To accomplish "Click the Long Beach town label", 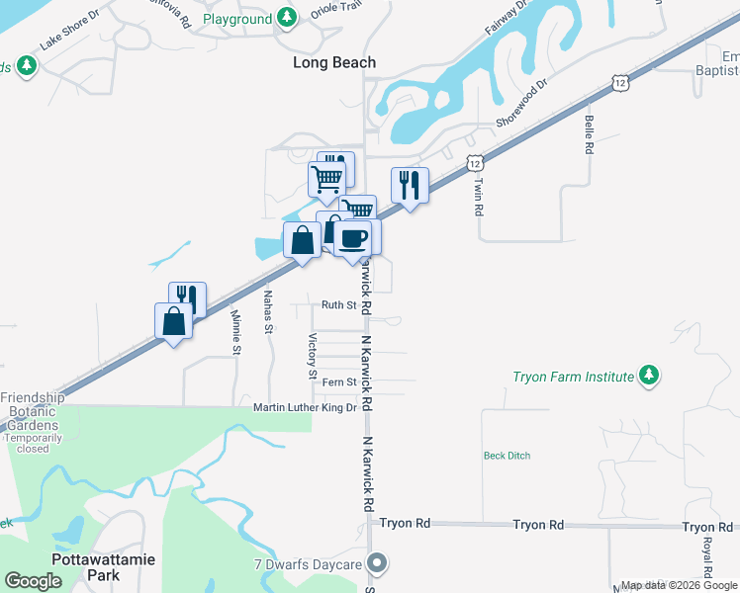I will click(x=334, y=62).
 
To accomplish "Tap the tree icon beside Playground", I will click(x=286, y=18).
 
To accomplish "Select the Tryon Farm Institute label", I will click(x=573, y=377).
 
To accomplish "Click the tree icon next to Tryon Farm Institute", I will click(x=648, y=376).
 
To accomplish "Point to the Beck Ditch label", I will click(x=507, y=456).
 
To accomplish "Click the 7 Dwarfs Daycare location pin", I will click(x=376, y=563).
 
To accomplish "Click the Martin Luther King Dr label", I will click(x=304, y=407).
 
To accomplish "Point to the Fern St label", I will click(x=338, y=382).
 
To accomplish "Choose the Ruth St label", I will click(x=338, y=305).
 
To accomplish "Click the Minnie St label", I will click(x=235, y=331).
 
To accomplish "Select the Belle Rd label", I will click(x=589, y=134).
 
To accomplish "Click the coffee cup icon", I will click(x=353, y=237).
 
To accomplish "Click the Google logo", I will click(x=33, y=581).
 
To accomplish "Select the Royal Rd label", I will click(x=708, y=558).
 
